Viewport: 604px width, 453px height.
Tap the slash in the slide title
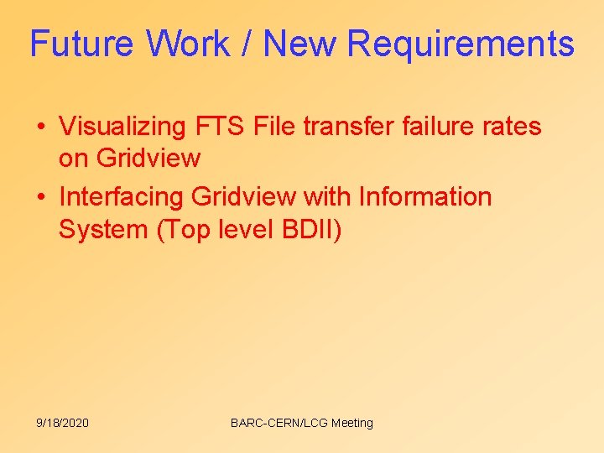(247, 44)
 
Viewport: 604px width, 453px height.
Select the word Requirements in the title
(461, 44)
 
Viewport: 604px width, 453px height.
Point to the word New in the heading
(298, 44)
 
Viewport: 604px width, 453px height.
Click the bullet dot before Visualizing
(40, 128)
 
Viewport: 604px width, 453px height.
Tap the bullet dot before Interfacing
(40, 197)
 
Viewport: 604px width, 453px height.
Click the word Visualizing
(122, 128)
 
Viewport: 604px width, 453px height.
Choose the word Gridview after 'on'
(148, 159)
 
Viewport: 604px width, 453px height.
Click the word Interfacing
(122, 197)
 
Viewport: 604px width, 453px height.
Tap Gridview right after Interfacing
(243, 197)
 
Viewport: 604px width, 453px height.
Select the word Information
(424, 197)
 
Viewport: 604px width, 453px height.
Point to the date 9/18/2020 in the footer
(62, 423)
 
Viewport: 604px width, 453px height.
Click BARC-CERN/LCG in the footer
(279, 423)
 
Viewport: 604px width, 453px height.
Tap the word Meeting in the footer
(352, 423)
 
